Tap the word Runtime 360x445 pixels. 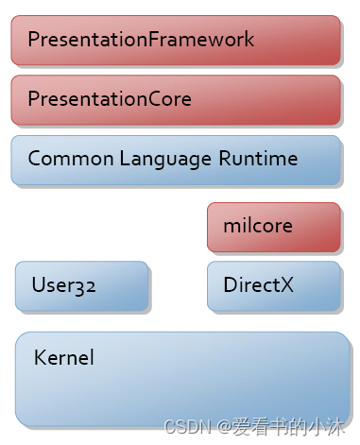[x=257, y=158]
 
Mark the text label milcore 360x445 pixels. [x=258, y=227]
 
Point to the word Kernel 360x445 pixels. [x=63, y=358]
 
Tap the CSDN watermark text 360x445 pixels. [x=185, y=428]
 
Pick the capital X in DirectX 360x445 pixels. [x=287, y=284]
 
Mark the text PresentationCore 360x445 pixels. [x=110, y=99]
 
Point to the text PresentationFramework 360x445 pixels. [x=141, y=40]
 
